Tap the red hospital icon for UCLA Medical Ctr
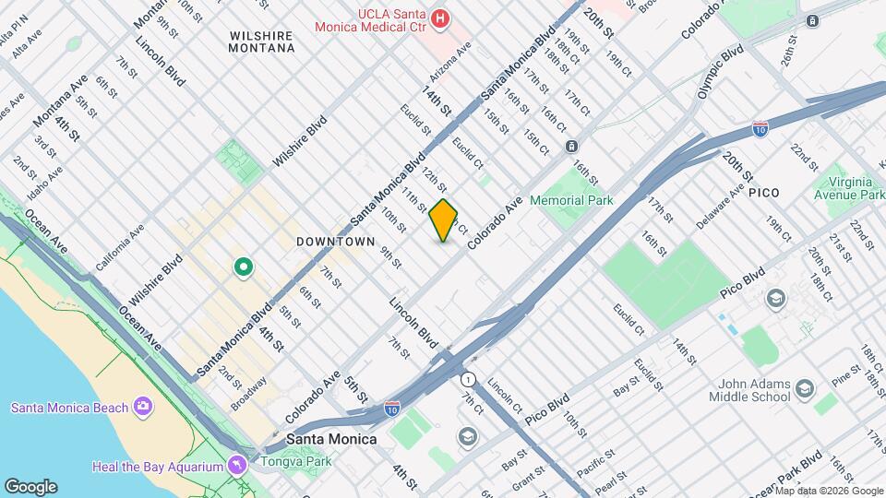point(441,18)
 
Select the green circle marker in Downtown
point(244,267)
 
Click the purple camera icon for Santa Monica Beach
point(143,407)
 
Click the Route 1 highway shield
point(468,379)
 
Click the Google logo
point(30,487)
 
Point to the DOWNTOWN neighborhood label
point(336,242)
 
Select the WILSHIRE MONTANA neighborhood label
point(261,42)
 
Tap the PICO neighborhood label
point(764,192)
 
